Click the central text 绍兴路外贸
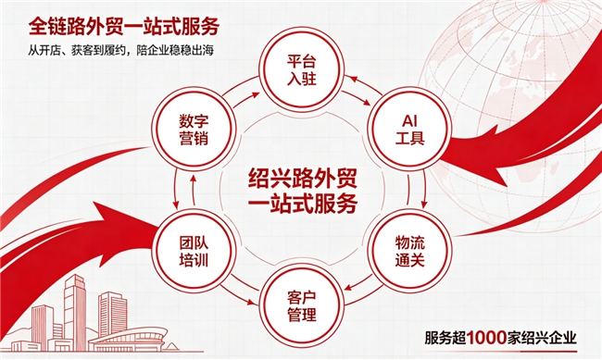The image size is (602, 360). click(303, 178)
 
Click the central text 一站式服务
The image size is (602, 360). click(303, 203)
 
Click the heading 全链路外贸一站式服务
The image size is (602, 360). click(124, 26)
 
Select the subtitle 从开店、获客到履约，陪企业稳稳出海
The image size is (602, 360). click(120, 50)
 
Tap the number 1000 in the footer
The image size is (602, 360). click(486, 338)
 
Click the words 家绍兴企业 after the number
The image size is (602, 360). click(542, 338)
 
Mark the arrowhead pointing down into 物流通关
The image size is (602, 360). click(424, 205)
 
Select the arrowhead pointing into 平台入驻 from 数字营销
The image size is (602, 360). click(255, 94)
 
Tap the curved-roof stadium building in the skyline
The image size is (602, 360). click(129, 340)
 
